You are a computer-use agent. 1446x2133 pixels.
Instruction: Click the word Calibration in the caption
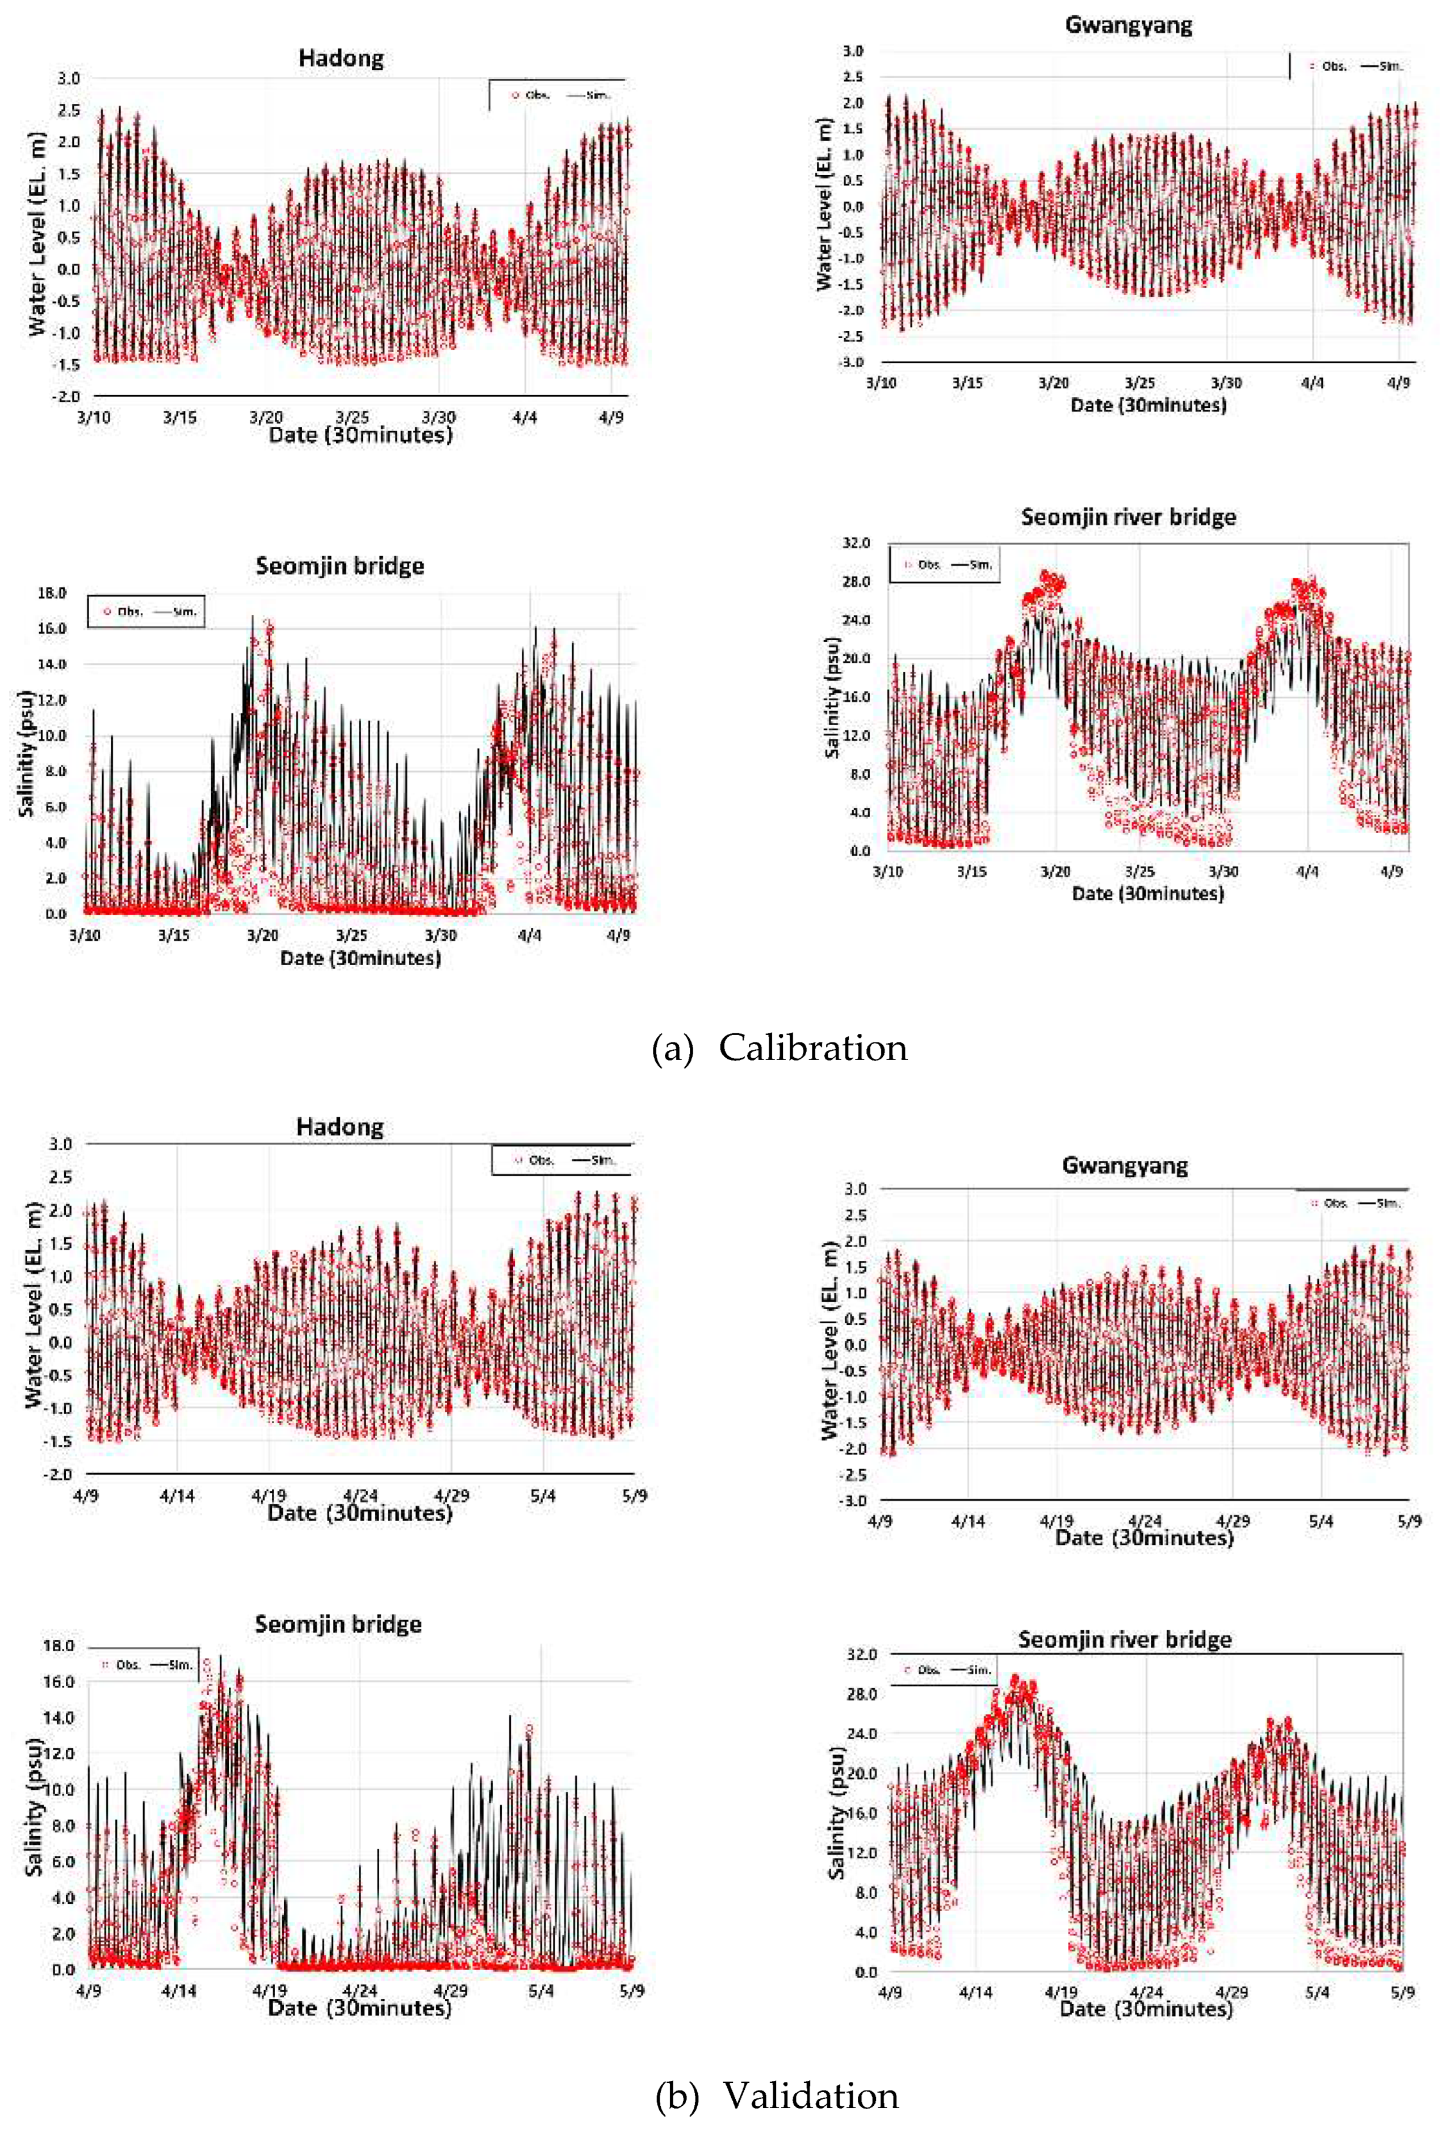click(x=812, y=1048)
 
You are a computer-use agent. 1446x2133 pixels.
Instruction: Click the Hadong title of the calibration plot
click(x=341, y=59)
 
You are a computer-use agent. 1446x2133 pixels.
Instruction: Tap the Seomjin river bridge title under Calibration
click(x=1128, y=517)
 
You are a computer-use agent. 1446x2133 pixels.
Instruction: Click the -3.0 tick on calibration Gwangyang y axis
click(x=852, y=361)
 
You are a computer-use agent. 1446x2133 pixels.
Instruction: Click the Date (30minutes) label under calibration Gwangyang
click(x=1147, y=405)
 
